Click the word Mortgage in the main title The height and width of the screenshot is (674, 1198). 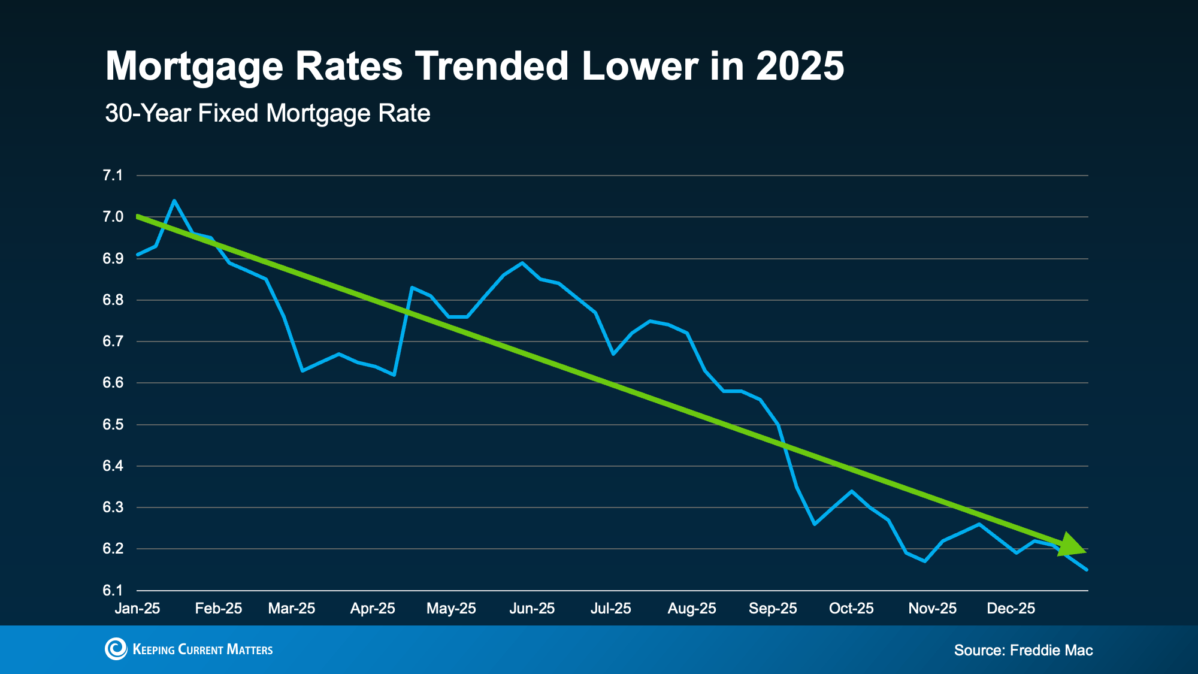[194, 66]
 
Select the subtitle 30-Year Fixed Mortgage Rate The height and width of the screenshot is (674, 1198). [267, 113]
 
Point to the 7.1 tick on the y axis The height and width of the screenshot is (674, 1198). [113, 176]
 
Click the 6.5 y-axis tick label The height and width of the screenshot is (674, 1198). [113, 425]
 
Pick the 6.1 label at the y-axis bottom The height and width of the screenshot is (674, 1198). [113, 591]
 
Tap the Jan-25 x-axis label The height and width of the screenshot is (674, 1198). [137, 609]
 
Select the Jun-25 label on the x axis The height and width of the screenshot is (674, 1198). [532, 609]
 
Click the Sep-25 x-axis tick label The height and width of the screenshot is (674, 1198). [773, 609]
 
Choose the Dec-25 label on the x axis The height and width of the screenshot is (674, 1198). [1011, 609]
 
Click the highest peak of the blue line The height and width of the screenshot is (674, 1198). [174, 201]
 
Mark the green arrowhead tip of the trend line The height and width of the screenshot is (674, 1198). [1085, 551]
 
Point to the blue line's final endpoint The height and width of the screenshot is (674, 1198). [1087, 570]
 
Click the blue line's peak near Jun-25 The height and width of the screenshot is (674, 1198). [522, 262]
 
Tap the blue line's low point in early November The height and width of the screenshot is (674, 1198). [925, 561]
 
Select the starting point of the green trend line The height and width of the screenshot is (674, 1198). [138, 216]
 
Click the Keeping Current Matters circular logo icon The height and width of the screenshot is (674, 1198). [116, 649]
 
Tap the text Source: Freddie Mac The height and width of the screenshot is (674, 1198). [1023, 650]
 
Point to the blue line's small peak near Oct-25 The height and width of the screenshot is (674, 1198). [851, 491]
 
